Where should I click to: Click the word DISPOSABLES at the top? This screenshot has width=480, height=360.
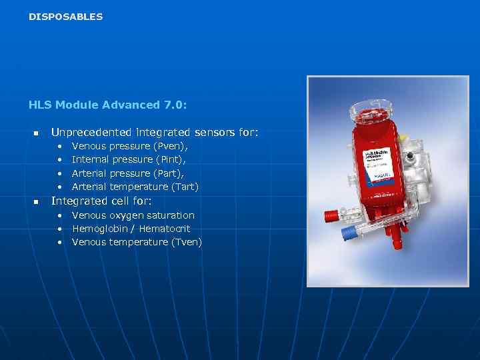pyautogui.click(x=66, y=17)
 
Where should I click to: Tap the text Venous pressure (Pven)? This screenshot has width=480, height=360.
pyautogui.click(x=129, y=145)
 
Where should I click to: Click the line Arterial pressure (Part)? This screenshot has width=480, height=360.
pyautogui.click(x=128, y=173)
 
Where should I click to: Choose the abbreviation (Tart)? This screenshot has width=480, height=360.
pyautogui.click(x=185, y=187)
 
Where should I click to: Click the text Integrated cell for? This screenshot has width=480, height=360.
pyautogui.click(x=101, y=201)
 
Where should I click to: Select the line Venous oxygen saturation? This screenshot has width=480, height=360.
pyautogui.click(x=133, y=215)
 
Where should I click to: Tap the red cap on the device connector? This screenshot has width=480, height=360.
pyautogui.click(x=329, y=216)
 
